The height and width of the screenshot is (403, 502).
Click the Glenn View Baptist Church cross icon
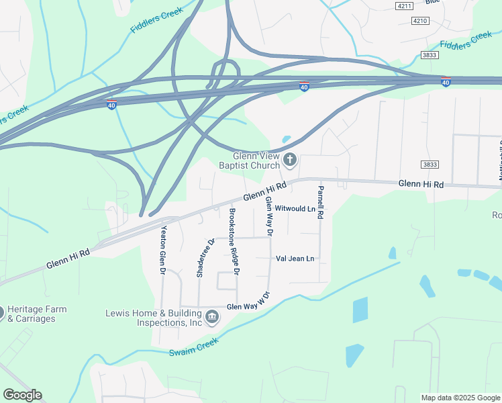[290, 159]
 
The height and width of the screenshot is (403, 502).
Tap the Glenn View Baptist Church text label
[252, 159]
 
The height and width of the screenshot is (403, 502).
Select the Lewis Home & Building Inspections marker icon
[212, 316]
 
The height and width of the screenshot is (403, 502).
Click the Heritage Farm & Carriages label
[32, 314]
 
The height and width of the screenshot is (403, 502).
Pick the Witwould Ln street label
[295, 209]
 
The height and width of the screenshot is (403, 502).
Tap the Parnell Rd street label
[321, 202]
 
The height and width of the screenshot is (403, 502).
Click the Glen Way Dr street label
[269, 216]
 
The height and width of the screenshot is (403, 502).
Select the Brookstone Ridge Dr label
[233, 240]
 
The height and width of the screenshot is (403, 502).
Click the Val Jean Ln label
[295, 259]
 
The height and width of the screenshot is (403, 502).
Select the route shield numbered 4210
[420, 21]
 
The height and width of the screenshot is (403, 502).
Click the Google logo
[22, 395]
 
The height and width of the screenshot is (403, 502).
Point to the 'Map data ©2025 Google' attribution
[460, 398]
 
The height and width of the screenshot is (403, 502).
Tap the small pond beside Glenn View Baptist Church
[287, 140]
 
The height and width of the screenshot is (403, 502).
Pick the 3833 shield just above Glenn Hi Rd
[430, 164]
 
